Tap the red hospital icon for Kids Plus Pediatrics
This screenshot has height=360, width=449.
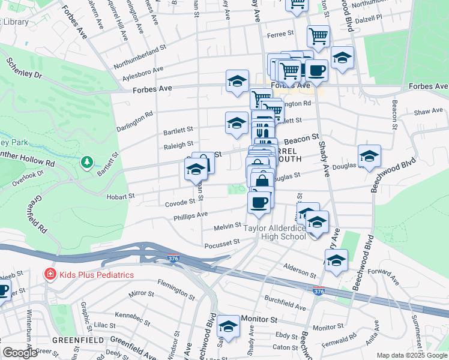click(50, 275)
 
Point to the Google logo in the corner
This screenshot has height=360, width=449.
click(20, 353)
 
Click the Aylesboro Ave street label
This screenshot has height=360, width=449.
click(142, 73)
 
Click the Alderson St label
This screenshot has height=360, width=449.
click(300, 269)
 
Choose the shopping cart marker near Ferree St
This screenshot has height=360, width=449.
click(318, 36)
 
